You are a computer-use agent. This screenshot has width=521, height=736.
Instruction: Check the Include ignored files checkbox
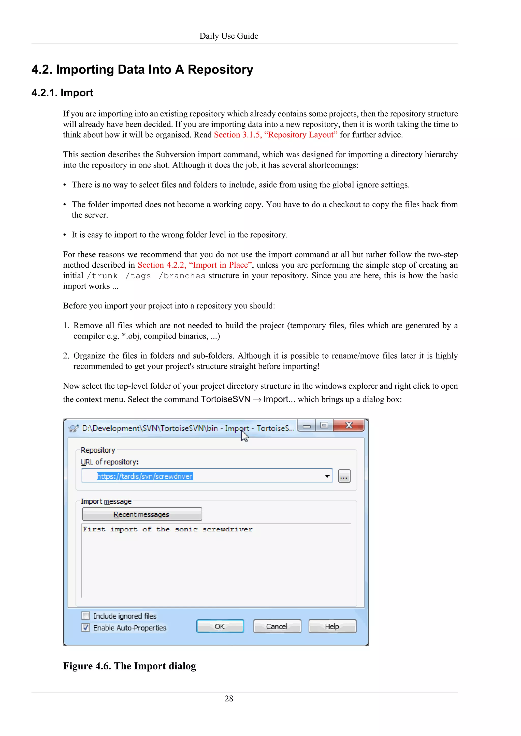tap(86, 616)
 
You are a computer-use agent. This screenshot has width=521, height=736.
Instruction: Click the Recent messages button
tap(142, 514)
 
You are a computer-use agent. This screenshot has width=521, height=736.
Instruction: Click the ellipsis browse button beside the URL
tap(344, 476)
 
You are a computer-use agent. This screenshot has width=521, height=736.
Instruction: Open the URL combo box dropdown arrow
tap(327, 476)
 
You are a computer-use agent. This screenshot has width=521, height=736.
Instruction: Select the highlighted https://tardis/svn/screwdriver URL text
tap(145, 476)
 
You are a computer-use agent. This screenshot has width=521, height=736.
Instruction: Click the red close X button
tap(349, 425)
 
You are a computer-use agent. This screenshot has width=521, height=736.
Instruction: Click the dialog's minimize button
tap(307, 426)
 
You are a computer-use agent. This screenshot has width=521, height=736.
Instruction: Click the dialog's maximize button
tap(324, 425)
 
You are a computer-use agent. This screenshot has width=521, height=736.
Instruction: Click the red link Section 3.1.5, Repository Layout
tap(276, 135)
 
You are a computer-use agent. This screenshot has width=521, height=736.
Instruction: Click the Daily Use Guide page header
tap(229, 36)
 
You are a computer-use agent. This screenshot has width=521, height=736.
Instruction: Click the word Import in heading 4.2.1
tap(77, 93)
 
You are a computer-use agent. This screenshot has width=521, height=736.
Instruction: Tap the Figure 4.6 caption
tap(129, 666)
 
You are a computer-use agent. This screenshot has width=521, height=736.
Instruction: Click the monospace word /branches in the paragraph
tap(182, 276)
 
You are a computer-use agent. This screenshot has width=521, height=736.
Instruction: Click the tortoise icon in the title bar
tap(74, 428)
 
